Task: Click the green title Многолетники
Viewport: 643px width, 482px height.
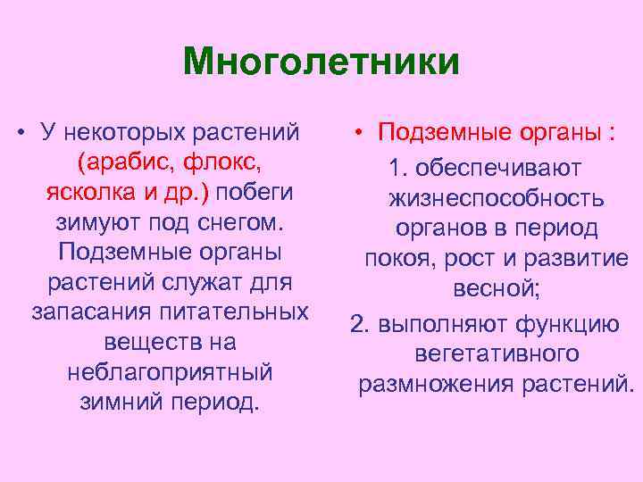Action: click(x=321, y=62)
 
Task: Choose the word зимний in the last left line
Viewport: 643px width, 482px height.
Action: click(x=124, y=402)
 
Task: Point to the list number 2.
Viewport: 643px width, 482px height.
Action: click(x=358, y=323)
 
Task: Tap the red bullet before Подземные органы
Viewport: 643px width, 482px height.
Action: click(x=355, y=134)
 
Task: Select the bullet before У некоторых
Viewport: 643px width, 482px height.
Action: click(x=20, y=134)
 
